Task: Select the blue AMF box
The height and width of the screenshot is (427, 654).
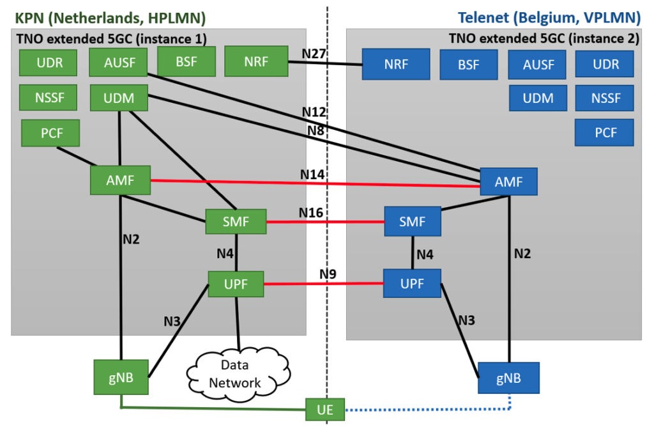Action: pos(509,182)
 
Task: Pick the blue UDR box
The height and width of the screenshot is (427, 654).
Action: pos(605,65)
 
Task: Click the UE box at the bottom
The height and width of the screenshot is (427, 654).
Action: pos(326,409)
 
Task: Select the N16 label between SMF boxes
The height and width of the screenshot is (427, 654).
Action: pos(312,212)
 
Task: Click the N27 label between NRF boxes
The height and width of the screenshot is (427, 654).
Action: pos(314,55)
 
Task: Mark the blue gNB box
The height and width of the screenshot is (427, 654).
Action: pos(509,378)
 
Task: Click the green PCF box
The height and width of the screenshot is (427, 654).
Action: pos(51,134)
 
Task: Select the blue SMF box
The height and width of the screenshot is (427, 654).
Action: pos(413,222)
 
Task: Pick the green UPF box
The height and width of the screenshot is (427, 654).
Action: pos(236,283)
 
